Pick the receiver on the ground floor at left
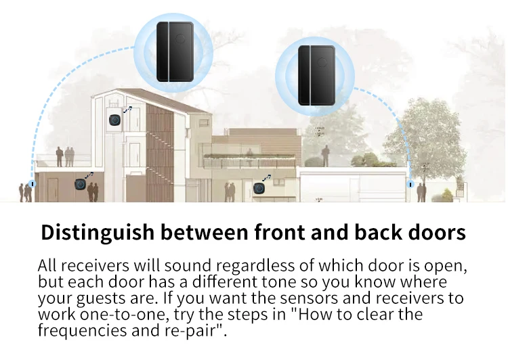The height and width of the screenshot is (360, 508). [79, 184]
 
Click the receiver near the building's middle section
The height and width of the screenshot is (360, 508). [257, 189]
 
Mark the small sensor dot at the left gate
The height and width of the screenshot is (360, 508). [32, 183]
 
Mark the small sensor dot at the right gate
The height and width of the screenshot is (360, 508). [409, 183]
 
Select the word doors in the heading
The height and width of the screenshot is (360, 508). [433, 232]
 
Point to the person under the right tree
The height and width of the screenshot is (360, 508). [421, 192]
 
